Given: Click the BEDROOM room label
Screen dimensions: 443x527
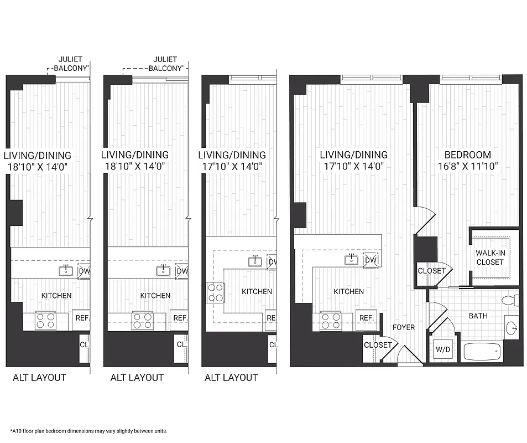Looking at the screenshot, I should tap(468, 155).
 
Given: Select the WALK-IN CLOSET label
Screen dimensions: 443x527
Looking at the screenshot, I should tap(490, 257).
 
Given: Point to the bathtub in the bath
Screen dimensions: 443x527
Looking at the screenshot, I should tap(481, 351).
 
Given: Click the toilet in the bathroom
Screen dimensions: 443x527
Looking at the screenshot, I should tap(509, 301).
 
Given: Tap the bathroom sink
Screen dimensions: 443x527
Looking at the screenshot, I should tap(512, 328).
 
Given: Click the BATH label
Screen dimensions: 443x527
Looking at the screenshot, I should tap(478, 316).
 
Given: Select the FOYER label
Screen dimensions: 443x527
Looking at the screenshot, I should tap(404, 327).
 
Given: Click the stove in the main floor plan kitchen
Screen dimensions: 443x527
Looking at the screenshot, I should tap(330, 321).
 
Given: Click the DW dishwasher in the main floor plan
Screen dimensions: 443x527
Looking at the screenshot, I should tap(371, 260).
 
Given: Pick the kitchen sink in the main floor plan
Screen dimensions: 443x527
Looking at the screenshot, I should tap(352, 259).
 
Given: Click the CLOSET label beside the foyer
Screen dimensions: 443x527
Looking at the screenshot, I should tap(378, 345).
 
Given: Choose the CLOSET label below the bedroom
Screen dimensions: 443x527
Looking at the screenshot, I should tap(431, 271).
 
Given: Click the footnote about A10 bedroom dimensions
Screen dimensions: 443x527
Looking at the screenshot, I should tap(88, 431).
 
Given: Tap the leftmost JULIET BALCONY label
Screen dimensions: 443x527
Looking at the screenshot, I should tap(71, 64).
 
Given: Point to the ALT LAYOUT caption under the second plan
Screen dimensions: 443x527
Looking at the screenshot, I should tap(137, 378).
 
